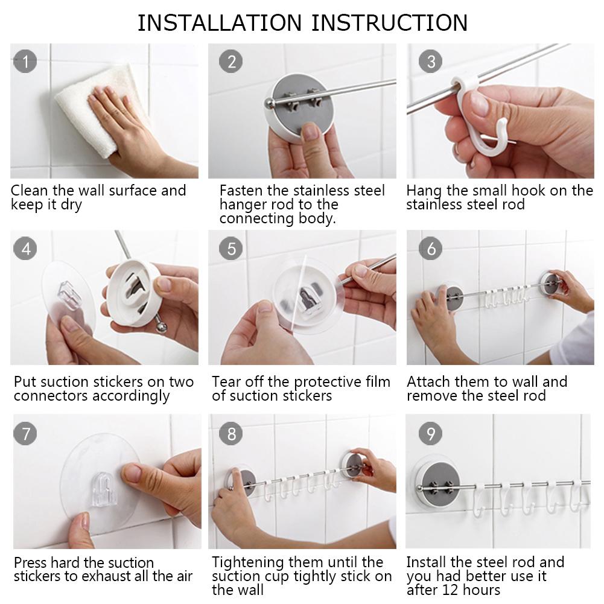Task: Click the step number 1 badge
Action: pos(25,60)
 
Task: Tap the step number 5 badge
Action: pos(232,248)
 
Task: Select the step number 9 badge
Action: pos(430,433)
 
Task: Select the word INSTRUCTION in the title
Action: pos(389,23)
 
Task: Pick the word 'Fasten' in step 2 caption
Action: pos(241,191)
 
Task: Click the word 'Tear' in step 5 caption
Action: pos(227,382)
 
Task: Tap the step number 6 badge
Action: pos(430,248)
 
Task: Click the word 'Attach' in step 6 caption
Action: pos(428,382)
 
